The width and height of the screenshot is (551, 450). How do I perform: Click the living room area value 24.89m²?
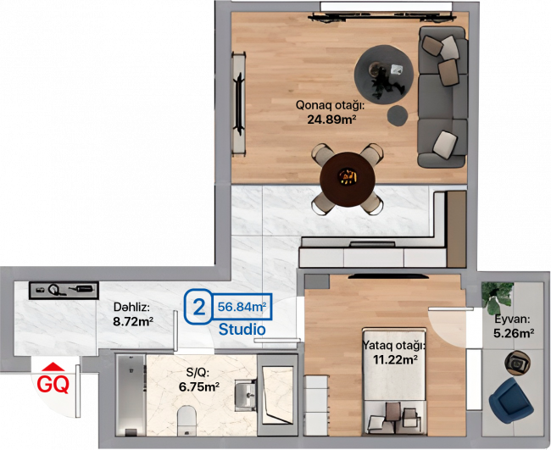330,119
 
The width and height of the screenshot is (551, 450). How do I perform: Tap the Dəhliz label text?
131,308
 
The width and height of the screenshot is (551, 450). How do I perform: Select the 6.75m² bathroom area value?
199,386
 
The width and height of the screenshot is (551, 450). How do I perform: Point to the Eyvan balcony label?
512,319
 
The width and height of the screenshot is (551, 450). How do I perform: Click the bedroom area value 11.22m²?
395,359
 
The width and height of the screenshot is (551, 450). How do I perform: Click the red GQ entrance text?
53,384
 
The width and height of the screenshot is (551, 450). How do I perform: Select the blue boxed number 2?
199,307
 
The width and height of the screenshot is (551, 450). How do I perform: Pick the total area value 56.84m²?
242,307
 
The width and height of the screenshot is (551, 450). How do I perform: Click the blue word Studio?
242,330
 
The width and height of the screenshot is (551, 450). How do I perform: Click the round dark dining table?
348,179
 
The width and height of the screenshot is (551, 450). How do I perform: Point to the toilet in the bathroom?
186,420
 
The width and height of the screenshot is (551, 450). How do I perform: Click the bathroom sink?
245,395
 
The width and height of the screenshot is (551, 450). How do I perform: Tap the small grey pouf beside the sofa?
398,115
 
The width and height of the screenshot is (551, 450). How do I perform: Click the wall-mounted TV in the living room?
240,104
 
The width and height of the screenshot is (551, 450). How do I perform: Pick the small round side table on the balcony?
518,362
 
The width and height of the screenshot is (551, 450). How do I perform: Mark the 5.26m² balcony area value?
514,333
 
